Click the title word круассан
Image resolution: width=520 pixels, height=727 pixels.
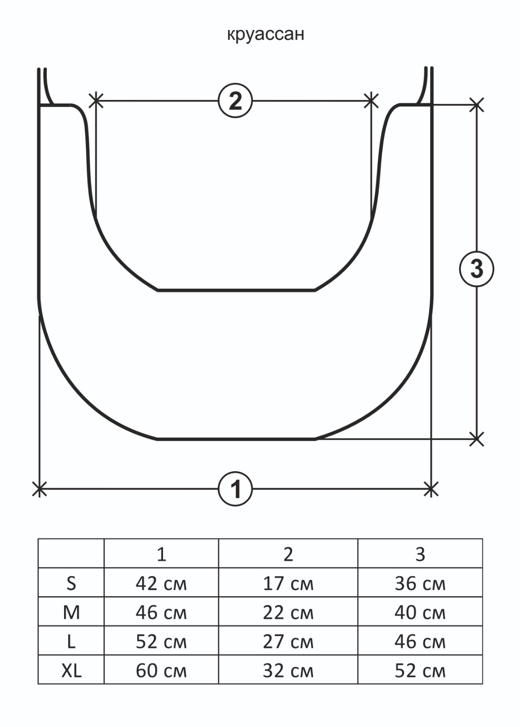pyautogui.click(x=265, y=35)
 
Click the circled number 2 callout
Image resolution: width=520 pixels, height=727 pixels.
pyautogui.click(x=235, y=101)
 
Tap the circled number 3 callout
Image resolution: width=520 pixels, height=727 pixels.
pyautogui.click(x=476, y=269)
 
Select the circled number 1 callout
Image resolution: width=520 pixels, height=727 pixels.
pyautogui.click(x=235, y=489)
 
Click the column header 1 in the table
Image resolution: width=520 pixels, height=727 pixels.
pyautogui.click(x=161, y=554)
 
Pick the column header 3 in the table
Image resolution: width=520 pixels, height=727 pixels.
pyautogui.click(x=420, y=554)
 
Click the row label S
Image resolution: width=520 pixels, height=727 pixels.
pyautogui.click(x=71, y=583)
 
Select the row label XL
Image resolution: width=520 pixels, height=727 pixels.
pyautogui.click(x=71, y=671)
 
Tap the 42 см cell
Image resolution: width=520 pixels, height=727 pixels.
pyautogui.click(x=161, y=583)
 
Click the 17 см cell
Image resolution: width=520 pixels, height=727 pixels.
pyautogui.click(x=288, y=583)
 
